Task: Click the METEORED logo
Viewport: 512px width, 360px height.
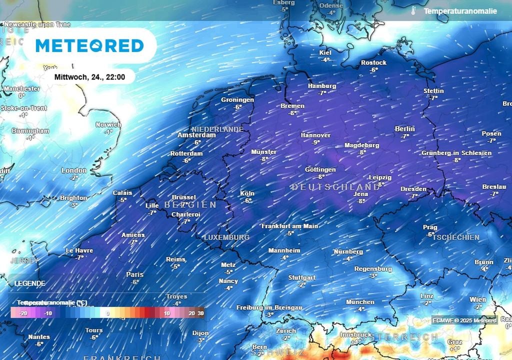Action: pyautogui.click(x=90, y=45)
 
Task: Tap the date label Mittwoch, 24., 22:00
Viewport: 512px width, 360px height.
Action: pyautogui.click(x=89, y=77)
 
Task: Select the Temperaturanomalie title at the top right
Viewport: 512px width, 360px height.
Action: pyautogui.click(x=460, y=11)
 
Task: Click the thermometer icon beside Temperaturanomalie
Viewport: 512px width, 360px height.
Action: pyautogui.click(x=413, y=10)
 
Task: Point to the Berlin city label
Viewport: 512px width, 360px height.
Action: pyautogui.click(x=405, y=128)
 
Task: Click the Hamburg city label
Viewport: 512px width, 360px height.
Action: pyautogui.click(x=322, y=86)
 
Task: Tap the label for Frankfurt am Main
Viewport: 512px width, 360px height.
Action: pyautogui.click(x=290, y=226)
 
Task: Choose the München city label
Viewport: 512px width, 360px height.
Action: pyautogui.click(x=360, y=302)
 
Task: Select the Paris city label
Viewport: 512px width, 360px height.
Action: pyautogui.click(x=135, y=274)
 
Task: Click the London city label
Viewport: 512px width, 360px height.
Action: pyautogui.click(x=74, y=170)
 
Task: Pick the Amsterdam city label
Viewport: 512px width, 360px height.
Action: pyautogui.click(x=197, y=135)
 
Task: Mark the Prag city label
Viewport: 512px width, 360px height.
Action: pyautogui.click(x=430, y=227)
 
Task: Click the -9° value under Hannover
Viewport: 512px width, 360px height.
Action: pyautogui.click(x=316, y=142)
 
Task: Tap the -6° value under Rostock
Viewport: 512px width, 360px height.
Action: pyautogui.click(x=373, y=70)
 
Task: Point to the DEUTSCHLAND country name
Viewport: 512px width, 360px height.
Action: pyautogui.click(x=336, y=186)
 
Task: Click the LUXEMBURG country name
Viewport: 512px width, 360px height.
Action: pyautogui.click(x=226, y=237)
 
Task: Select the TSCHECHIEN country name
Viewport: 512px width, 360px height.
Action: pyautogui.click(x=456, y=237)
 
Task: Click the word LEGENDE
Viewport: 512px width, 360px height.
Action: pyautogui.click(x=30, y=283)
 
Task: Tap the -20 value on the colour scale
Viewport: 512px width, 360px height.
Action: pyautogui.click(x=23, y=313)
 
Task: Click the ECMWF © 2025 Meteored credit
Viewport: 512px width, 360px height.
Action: pyautogui.click(x=464, y=320)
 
